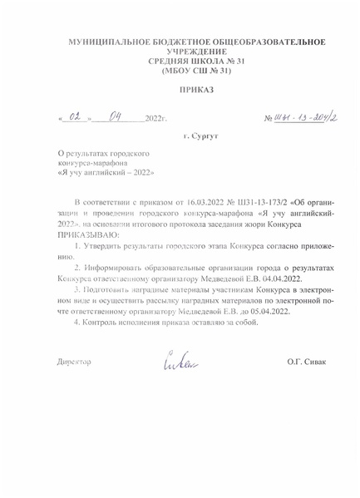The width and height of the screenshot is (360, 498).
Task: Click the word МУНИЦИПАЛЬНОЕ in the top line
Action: [108, 42]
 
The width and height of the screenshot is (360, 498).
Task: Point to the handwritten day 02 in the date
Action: [76, 120]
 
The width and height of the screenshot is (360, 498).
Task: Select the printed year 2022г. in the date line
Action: [156, 121]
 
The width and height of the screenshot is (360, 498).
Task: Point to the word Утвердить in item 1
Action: [106, 249]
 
